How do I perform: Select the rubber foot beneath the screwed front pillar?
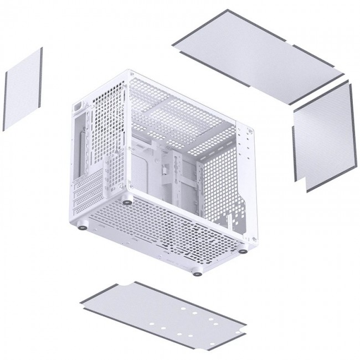(243, 250)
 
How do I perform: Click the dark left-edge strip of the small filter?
(5, 103)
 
